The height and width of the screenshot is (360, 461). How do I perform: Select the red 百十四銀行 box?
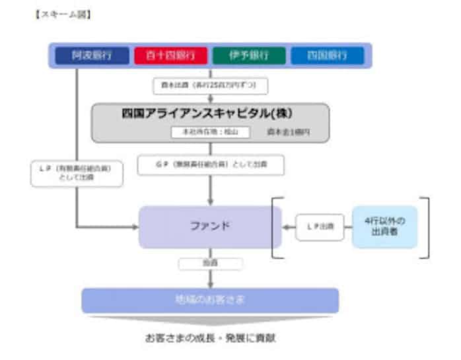pyautogui.click(x=171, y=55)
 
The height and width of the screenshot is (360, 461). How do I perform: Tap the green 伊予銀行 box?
pyautogui.click(x=249, y=55)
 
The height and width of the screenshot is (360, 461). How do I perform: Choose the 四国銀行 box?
pyautogui.click(x=327, y=55)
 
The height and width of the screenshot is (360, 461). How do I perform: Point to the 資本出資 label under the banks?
pyautogui.click(x=211, y=86)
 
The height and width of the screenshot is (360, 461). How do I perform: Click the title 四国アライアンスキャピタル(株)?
pyautogui.click(x=209, y=112)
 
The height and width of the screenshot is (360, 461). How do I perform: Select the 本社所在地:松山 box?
pyautogui.click(x=211, y=132)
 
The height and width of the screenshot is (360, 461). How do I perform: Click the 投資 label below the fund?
pyautogui.click(x=211, y=264)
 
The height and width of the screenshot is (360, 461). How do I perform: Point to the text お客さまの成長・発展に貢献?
pyautogui.click(x=211, y=338)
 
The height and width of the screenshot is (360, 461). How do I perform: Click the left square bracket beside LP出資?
pyautogui.click(x=275, y=227)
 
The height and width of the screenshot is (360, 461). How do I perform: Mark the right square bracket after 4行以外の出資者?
pyautogui.click(x=426, y=227)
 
